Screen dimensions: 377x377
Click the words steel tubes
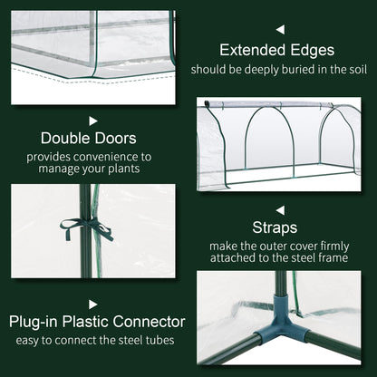(x=148, y=340)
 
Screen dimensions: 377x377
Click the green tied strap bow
(x=94, y=227)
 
